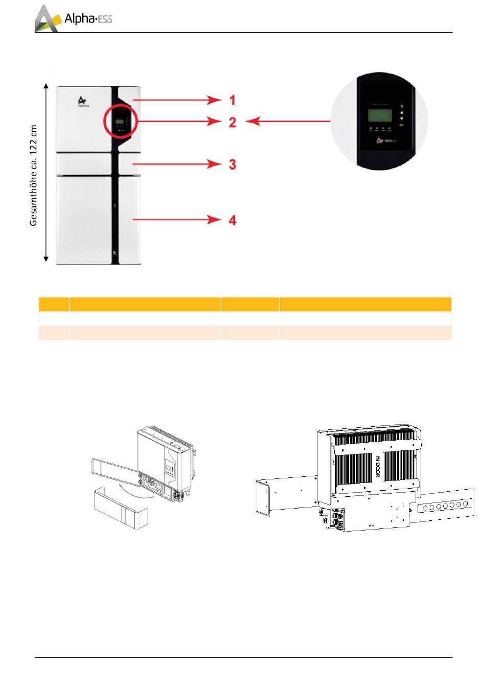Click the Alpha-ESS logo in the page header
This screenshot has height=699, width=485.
(x=73, y=19)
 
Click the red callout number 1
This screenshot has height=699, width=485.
(x=232, y=100)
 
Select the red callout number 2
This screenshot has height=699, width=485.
(x=232, y=122)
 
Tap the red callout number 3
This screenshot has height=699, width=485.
(x=232, y=164)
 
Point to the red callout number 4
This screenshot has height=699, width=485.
(x=232, y=220)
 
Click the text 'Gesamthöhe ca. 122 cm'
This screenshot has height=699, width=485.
(x=34, y=175)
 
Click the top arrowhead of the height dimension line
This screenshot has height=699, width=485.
(x=46, y=86)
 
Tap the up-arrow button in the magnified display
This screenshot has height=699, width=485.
(x=401, y=112)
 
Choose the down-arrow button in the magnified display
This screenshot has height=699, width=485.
(x=401, y=118)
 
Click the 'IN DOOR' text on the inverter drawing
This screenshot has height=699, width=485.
(x=378, y=467)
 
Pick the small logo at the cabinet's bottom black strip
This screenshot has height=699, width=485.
(x=115, y=252)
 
